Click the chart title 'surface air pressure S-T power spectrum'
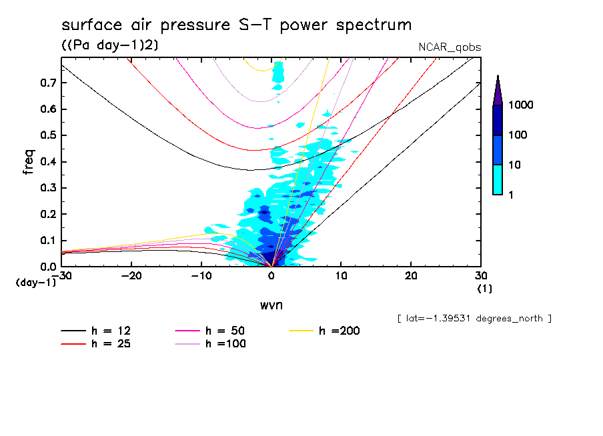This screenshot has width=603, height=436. point(236,25)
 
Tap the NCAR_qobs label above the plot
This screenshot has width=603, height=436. point(449,47)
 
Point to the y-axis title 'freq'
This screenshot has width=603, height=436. point(28,163)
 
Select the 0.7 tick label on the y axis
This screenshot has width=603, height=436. point(47,83)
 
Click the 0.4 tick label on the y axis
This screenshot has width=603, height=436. point(47,161)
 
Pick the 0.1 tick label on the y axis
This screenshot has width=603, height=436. point(47,240)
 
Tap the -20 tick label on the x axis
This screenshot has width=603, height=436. point(131,276)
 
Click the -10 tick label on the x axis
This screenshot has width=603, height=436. point(201,276)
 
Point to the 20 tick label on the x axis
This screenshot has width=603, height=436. point(411,276)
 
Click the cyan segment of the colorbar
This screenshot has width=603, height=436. point(498,179)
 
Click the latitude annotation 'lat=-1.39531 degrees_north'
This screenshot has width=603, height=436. point(474,319)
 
